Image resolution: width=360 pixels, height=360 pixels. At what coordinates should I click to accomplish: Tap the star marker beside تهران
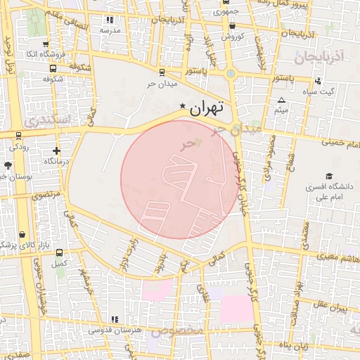coord(184,106)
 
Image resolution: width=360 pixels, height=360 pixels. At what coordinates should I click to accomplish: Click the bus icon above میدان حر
coord(162,72)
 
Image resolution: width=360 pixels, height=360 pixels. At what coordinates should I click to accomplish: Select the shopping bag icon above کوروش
coord(232,26)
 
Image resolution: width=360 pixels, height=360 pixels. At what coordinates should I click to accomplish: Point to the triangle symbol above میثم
coord(282,101)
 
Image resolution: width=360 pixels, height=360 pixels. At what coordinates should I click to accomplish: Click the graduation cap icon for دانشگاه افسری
coord(328,176)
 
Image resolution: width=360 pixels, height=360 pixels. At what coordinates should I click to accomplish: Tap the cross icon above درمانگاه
coord(56,150)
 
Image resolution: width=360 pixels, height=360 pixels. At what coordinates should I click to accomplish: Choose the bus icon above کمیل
coord(59,252)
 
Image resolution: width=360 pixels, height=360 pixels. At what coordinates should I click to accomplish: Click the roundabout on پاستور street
coord(231,72)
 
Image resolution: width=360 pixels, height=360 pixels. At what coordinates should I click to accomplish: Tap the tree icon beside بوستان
coord(7,165)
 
